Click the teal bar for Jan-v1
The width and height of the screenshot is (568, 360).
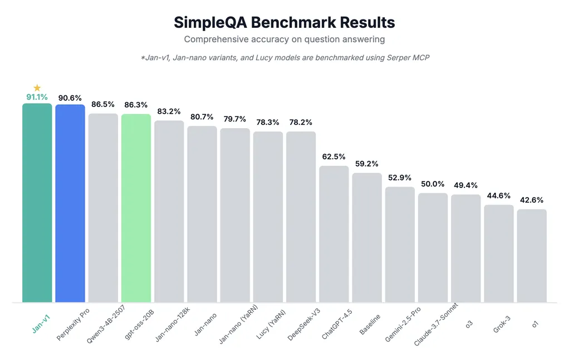[x=37, y=203]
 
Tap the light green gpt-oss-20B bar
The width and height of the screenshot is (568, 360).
[x=136, y=208]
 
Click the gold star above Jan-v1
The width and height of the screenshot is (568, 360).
[x=37, y=88]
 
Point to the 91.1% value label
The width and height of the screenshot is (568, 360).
[x=37, y=97]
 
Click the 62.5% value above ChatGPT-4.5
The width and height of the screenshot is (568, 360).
[x=334, y=156]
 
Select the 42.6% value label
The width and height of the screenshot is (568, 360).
[x=532, y=200]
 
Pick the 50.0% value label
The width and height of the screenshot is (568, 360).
[x=433, y=184]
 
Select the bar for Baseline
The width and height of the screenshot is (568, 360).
[x=366, y=238]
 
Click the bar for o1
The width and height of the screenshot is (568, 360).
[x=532, y=256]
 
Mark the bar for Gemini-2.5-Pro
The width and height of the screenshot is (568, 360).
[x=400, y=245]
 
